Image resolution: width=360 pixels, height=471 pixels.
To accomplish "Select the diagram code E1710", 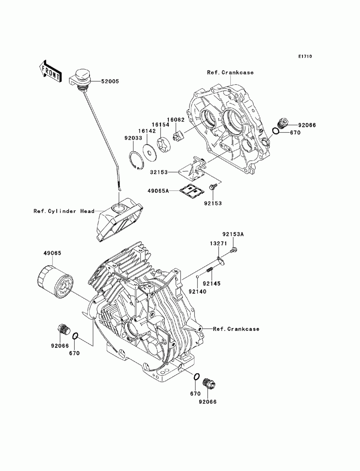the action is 305,56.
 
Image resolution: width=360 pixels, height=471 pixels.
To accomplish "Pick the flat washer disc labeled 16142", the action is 150,151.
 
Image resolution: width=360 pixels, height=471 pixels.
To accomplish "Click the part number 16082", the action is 176,120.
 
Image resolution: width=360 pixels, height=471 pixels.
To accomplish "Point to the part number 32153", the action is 159,172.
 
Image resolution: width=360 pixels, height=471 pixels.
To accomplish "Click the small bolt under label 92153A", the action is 234,250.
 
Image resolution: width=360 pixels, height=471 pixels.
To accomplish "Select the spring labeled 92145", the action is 210,270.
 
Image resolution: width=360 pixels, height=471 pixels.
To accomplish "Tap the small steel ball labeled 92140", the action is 197,276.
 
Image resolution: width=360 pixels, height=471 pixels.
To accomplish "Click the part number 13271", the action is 218,243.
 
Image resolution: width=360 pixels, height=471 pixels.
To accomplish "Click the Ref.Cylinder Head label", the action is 64,211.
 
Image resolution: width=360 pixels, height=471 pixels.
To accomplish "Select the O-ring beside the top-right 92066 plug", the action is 276,131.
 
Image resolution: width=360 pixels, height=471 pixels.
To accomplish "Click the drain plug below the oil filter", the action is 64,334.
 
